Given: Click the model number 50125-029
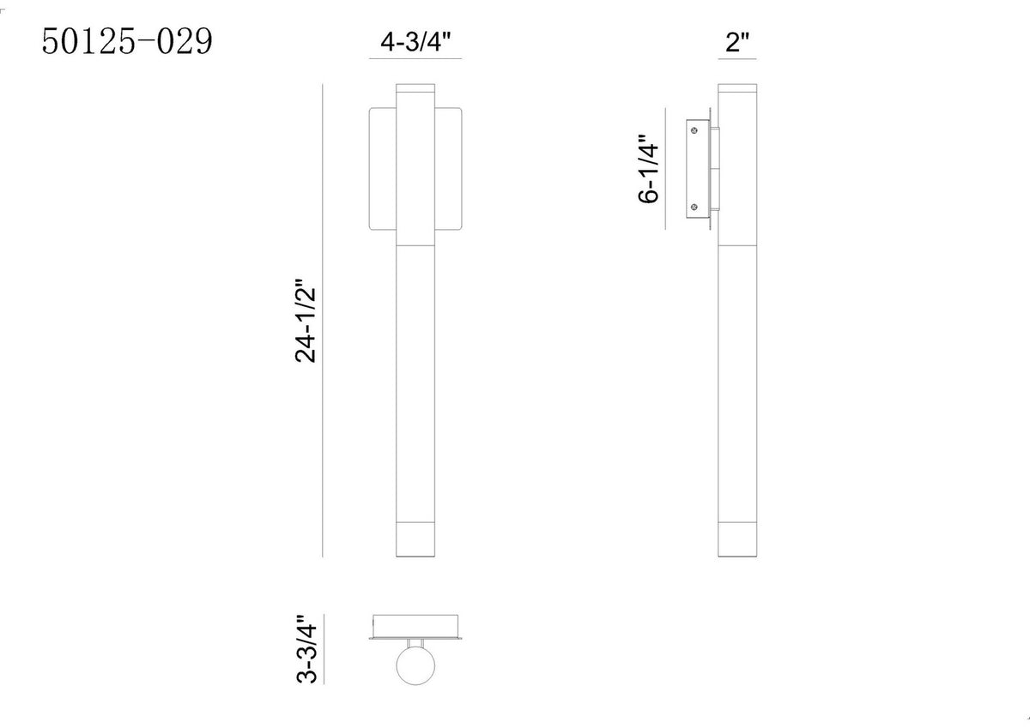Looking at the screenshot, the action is pyautogui.click(x=127, y=41).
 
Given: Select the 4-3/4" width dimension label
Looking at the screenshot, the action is pyautogui.click(x=415, y=42).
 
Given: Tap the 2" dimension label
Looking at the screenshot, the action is pyautogui.click(x=737, y=42).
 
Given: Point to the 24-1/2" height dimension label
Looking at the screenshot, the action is pyautogui.click(x=306, y=321).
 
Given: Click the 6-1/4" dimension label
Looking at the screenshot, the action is pyautogui.click(x=648, y=169).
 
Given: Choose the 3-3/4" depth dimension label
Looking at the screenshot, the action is pyautogui.click(x=306, y=648).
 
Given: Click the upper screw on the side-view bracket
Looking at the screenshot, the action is pyautogui.click(x=694, y=130).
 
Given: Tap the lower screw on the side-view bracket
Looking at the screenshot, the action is pyautogui.click(x=694, y=208).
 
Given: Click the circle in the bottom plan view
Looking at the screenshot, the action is pyautogui.click(x=415, y=665).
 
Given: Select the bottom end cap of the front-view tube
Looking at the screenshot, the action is pyautogui.click(x=415, y=539).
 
